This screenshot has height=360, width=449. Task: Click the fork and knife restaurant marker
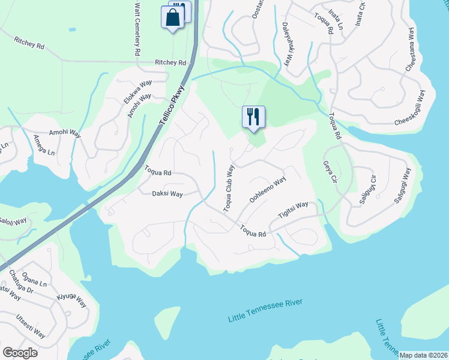pos(253,116)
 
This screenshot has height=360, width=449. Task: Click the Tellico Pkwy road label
pos(172,104)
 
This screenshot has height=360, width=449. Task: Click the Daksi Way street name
pos(167,194)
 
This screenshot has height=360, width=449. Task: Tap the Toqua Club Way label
pos(229,188)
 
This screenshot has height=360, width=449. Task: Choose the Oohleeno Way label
pos(267,191)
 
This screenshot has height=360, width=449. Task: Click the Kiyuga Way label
pos(71,300)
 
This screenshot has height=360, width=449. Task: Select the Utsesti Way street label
pos(31,325)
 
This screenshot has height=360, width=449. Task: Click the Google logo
pos(20,352)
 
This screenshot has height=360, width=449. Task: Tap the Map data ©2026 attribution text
pos(423,355)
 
